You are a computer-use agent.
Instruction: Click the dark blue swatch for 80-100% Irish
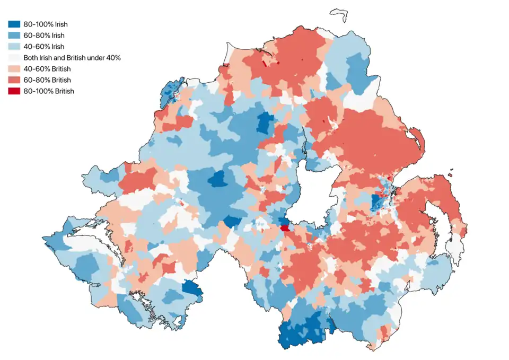14,24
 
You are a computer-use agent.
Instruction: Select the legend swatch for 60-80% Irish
14,36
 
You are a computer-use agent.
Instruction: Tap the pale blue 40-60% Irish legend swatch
14,47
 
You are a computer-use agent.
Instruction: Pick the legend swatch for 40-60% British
14,69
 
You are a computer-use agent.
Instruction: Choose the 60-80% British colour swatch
14,80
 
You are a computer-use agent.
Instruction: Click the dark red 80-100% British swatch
14,91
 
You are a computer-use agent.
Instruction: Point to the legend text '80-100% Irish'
46,24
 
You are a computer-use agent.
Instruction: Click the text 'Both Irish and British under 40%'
72,58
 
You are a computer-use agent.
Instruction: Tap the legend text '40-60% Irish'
45,47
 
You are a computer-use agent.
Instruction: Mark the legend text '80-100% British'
49,91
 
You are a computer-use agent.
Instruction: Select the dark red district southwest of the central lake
286,228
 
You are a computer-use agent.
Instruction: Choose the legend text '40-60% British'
48,69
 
